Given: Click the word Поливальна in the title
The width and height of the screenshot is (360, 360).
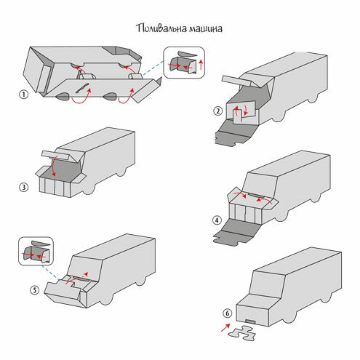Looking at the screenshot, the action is pyautogui.click(x=161, y=28).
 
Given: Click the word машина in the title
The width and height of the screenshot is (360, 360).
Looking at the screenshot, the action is pyautogui.click(x=206, y=29).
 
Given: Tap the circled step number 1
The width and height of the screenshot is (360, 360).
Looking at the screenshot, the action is pyautogui.click(x=23, y=95).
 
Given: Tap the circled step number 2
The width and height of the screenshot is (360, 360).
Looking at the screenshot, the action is pyautogui.click(x=217, y=111).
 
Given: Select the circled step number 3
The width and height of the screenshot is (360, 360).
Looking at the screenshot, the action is pyautogui.click(x=23, y=187).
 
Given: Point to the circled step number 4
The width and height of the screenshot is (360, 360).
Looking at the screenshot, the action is pyautogui.click(x=217, y=220).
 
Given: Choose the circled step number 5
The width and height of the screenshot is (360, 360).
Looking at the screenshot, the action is pyautogui.click(x=35, y=290).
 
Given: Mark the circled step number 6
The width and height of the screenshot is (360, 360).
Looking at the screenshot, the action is pyautogui.click(x=227, y=313).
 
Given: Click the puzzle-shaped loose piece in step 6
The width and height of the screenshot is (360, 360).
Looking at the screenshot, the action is pyautogui.click(x=242, y=333).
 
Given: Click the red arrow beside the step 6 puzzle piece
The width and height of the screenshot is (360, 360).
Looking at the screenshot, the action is pyautogui.click(x=225, y=327).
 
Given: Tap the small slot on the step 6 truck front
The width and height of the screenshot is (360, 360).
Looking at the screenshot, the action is pyautogui.click(x=250, y=321).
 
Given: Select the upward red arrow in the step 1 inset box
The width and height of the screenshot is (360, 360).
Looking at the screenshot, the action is pyautogui.click(x=201, y=64).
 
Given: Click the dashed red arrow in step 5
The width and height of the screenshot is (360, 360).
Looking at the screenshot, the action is pyautogui.click(x=76, y=278).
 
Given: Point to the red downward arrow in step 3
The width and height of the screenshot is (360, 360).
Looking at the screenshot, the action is pyautogui.click(x=55, y=167).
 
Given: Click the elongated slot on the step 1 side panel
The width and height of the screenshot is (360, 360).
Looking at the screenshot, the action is pyautogui.click(x=82, y=88).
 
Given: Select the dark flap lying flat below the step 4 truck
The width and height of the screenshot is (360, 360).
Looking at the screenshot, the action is pyautogui.click(x=236, y=232).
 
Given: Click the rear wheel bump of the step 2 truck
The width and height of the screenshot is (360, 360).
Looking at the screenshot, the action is pyautogui.click(x=313, y=98).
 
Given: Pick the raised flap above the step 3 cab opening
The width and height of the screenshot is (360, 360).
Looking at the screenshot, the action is pyautogui.click(x=56, y=155).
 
